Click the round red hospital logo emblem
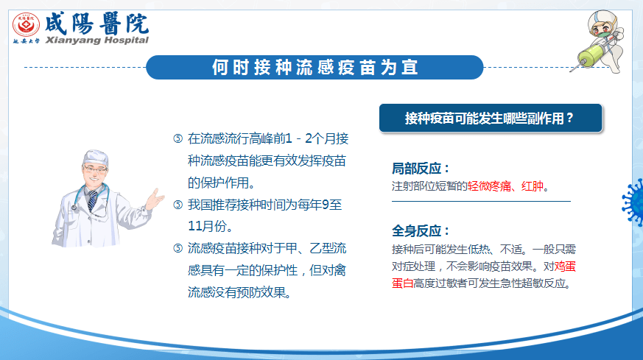click(x=26, y=24)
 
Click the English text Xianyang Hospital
click(x=96, y=40)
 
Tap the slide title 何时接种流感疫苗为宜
click(x=315, y=67)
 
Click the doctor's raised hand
click(x=155, y=199)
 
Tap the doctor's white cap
click(x=96, y=157)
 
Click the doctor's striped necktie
click(x=93, y=200)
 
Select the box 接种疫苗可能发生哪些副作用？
click(x=491, y=118)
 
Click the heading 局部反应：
click(x=421, y=169)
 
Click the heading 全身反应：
click(x=421, y=231)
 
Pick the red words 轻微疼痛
click(x=489, y=186)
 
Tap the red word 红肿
click(x=533, y=186)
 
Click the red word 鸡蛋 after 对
click(x=565, y=267)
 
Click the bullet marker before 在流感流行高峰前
click(x=178, y=138)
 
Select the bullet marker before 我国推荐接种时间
click(x=178, y=204)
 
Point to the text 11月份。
click(x=211, y=226)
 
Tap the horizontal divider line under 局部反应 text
click(x=481, y=201)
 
